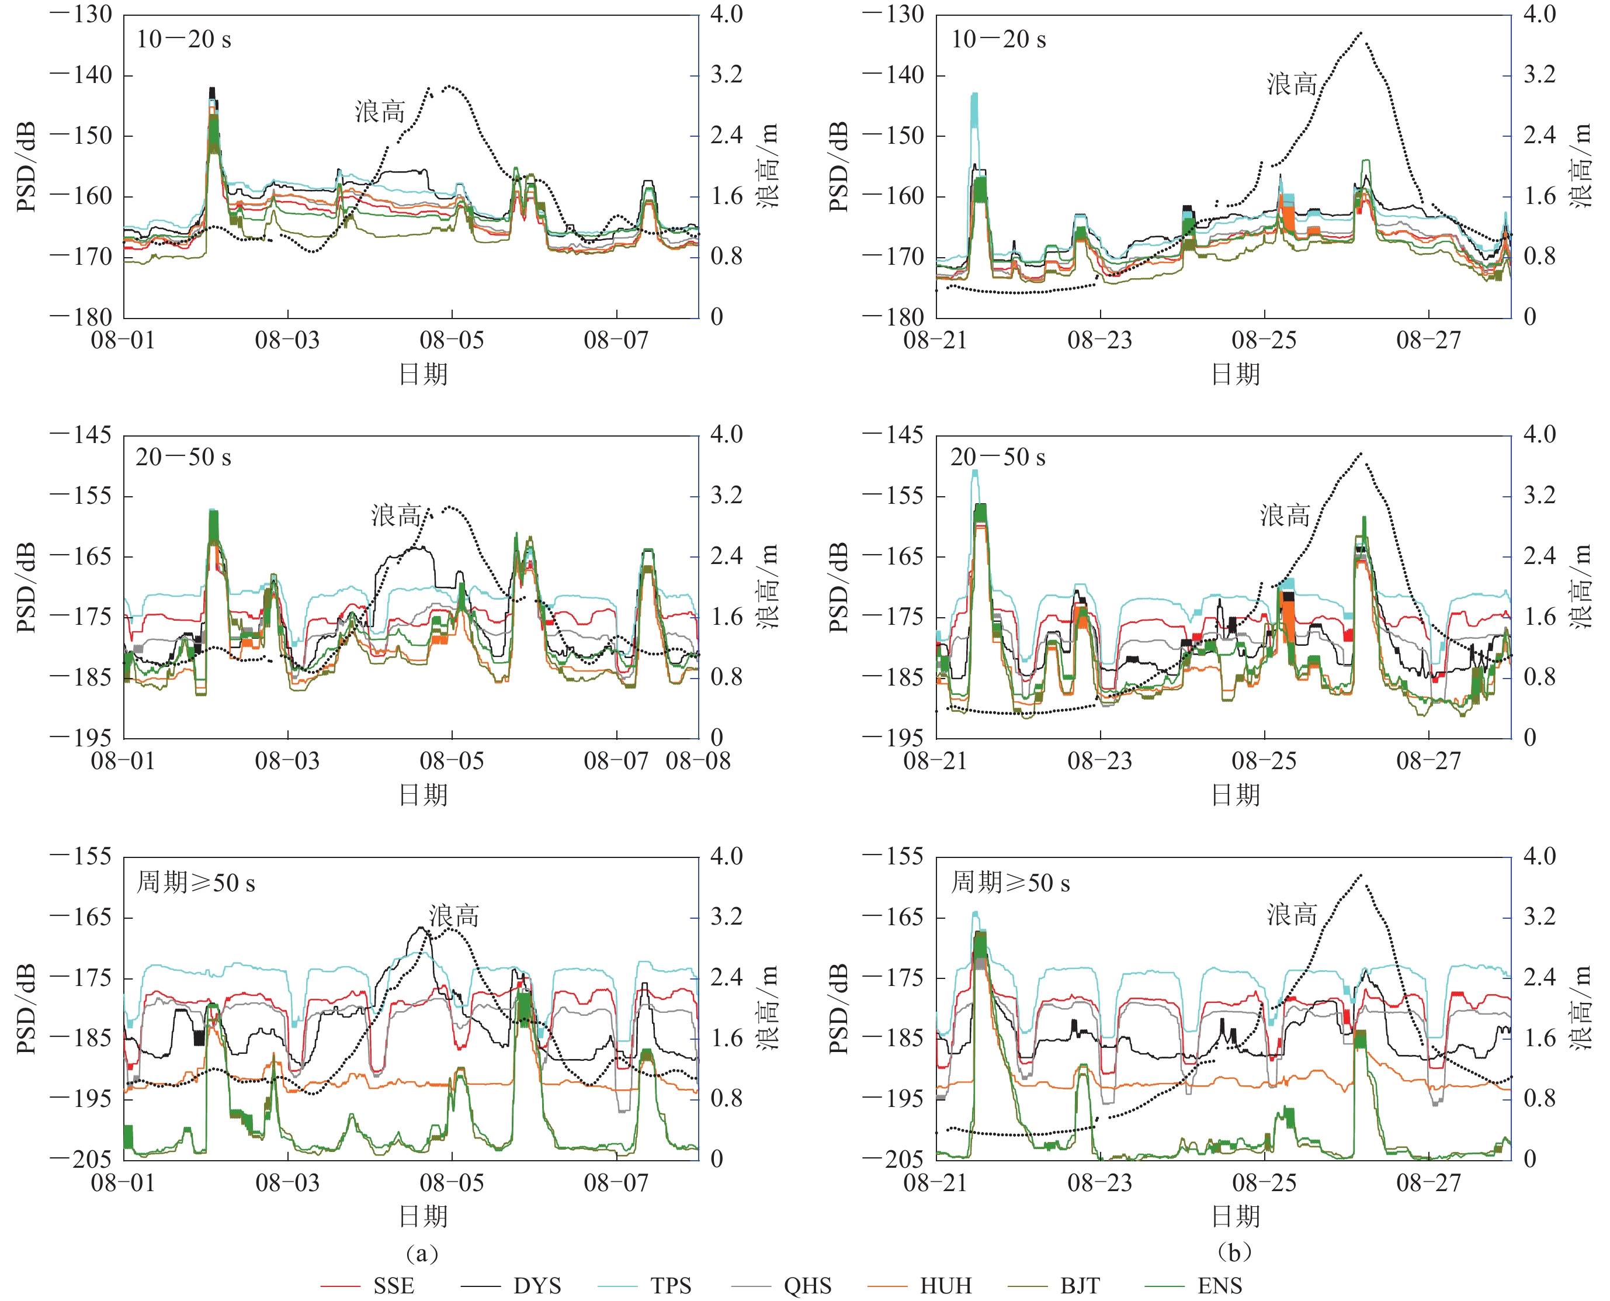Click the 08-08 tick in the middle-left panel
pyautogui.click(x=698, y=762)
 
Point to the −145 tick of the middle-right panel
pyautogui.click(x=893, y=435)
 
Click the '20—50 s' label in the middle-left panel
pyautogui.click(x=183, y=457)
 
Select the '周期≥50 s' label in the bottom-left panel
pyautogui.click(x=196, y=882)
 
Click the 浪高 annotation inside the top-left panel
pyautogui.click(x=380, y=112)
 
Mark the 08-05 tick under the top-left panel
pyautogui.click(x=452, y=340)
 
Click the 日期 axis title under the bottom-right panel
pyautogui.click(x=1236, y=1216)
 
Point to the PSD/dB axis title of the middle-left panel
pyautogui.click(x=27, y=587)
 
